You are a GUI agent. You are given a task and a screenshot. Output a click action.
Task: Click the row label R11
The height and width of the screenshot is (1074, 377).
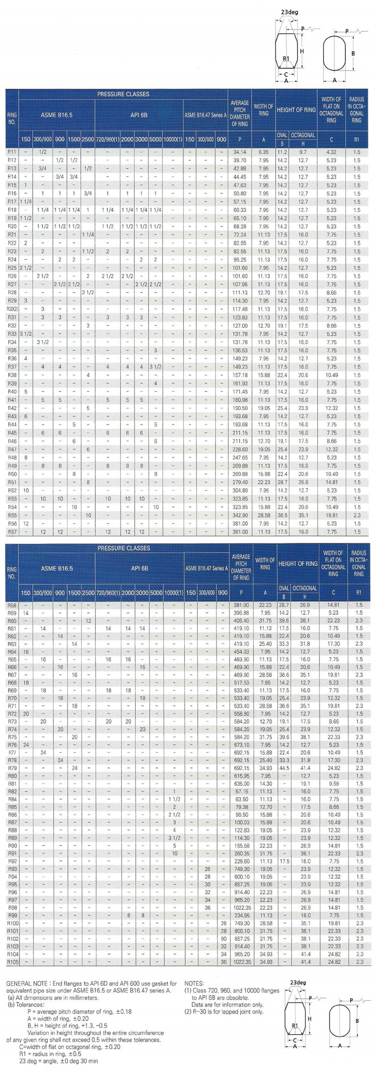12,152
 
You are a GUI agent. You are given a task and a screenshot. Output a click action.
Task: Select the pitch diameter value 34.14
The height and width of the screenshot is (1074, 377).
240,152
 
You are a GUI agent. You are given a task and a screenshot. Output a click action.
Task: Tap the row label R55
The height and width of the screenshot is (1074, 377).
12,515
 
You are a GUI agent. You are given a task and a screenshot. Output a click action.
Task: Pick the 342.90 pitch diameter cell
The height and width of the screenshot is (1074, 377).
240,515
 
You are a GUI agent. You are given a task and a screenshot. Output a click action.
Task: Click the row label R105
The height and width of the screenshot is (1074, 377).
13,962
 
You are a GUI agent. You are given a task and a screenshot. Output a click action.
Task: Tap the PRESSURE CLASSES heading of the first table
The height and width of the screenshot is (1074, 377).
123,94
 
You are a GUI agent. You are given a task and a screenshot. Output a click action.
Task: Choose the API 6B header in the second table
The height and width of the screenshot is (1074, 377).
139,568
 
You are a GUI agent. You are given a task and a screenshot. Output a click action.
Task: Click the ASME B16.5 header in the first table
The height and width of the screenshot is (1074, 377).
57,115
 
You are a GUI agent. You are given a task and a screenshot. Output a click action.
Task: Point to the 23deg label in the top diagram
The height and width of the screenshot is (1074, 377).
289,12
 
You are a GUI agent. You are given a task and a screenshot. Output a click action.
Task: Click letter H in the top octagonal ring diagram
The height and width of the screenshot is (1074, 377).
302,51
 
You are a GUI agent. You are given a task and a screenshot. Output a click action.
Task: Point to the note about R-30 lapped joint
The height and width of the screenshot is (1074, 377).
224,1012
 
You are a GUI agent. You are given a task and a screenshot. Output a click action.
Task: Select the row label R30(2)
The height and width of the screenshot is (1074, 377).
12,309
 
